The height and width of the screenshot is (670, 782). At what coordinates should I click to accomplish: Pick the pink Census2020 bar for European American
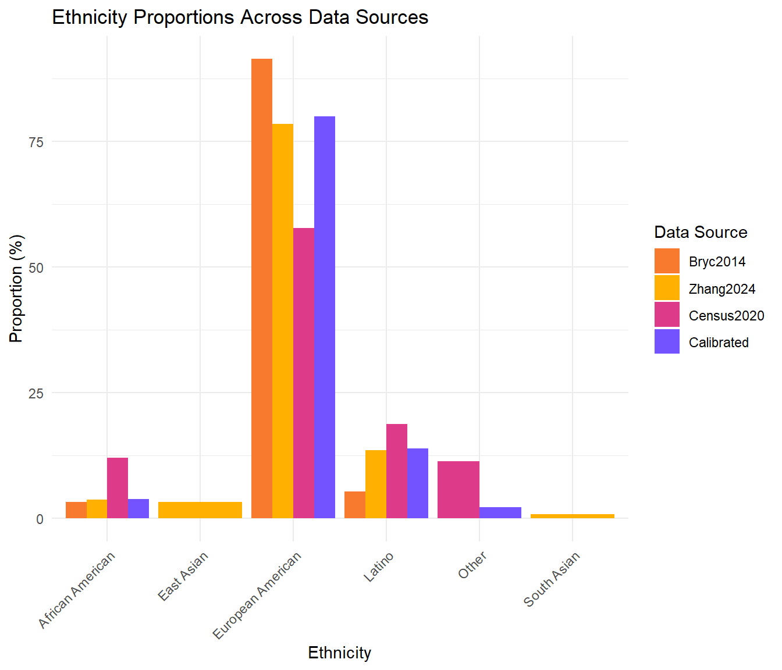pyautogui.click(x=303, y=373)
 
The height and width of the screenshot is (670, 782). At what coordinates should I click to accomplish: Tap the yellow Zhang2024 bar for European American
pyautogui.click(x=282, y=320)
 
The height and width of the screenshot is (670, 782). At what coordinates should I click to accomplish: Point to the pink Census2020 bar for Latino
pyautogui.click(x=396, y=471)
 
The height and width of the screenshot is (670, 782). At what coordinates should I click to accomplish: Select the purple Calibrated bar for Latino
pyautogui.click(x=417, y=483)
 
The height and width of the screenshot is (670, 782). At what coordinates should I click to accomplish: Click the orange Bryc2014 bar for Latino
pyautogui.click(x=354, y=504)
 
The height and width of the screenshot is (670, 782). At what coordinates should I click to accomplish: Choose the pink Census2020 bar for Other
pyautogui.click(x=458, y=489)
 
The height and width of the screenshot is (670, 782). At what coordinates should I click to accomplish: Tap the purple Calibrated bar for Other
pyautogui.click(x=500, y=512)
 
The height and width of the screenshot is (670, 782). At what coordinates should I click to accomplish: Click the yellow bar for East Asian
pyautogui.click(x=200, y=509)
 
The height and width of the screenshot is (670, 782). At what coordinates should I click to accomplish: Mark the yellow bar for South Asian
pyautogui.click(x=572, y=516)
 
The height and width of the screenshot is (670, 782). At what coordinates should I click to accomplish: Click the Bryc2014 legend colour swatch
pyautogui.click(x=666, y=261)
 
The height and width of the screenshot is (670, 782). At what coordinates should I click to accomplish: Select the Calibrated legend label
pyautogui.click(x=719, y=343)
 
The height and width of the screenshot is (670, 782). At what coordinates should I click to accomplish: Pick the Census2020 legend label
pyautogui.click(x=726, y=316)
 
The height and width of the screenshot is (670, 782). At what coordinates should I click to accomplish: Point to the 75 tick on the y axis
pyautogui.click(x=37, y=142)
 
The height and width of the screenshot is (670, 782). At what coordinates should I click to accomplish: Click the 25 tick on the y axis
pyautogui.click(x=37, y=393)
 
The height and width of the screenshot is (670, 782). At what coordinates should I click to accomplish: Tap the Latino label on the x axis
pyautogui.click(x=379, y=566)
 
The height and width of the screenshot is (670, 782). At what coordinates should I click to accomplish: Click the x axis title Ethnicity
pyautogui.click(x=339, y=653)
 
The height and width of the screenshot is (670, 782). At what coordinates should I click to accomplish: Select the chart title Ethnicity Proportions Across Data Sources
pyautogui.click(x=240, y=17)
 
